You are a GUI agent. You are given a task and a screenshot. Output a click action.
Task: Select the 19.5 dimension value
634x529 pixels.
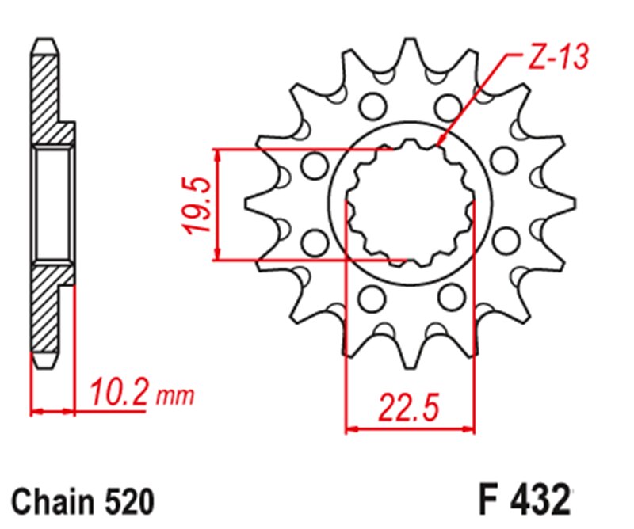point(198,204)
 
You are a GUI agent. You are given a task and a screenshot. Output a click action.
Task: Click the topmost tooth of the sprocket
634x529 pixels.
point(409,49)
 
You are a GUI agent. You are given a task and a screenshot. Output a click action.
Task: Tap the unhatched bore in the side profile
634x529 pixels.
point(52,204)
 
